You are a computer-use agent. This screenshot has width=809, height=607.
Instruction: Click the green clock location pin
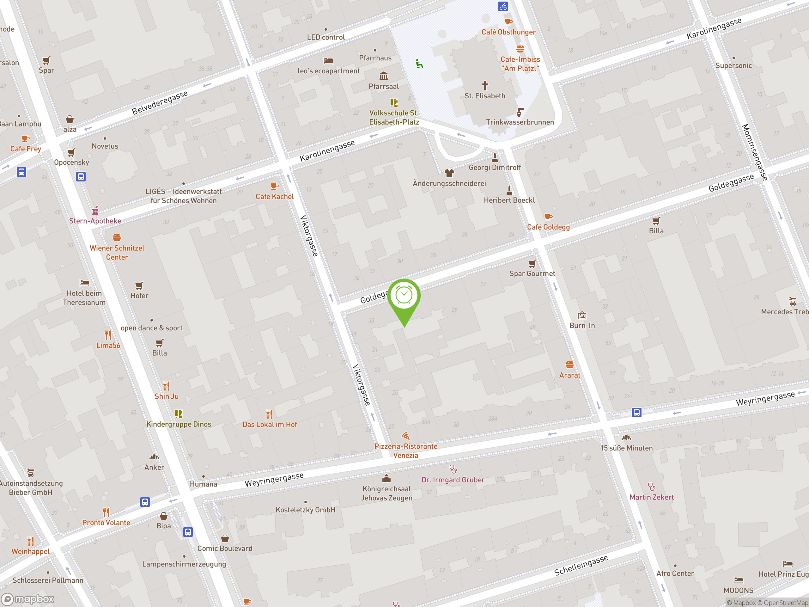[404, 296]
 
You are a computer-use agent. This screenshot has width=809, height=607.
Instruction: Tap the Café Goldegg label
[548, 227]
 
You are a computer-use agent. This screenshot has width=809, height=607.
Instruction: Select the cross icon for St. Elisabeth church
[485, 86]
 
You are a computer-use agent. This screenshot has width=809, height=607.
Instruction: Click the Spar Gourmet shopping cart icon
[532, 263]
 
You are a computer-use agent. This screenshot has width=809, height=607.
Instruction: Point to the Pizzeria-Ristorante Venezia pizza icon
[405, 436]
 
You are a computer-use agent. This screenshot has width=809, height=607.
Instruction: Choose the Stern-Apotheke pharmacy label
[95, 221]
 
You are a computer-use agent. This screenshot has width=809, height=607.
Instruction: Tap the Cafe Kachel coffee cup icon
[274, 186]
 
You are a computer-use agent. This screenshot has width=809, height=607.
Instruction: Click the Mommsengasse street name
[754, 152]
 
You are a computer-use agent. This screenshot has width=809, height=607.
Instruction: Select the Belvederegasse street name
[160, 102]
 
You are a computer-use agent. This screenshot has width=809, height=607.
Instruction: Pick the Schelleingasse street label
[581, 565]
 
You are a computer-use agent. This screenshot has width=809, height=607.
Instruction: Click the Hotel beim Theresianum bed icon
[84, 283]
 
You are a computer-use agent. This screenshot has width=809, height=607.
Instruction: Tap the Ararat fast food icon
[569, 365]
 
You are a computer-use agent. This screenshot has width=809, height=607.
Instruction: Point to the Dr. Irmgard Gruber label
[453, 480]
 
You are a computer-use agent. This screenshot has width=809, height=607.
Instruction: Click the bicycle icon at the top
[503, 6]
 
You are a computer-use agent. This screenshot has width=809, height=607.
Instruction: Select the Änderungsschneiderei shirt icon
[449, 173]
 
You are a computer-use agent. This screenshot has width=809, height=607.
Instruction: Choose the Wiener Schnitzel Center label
[117, 253]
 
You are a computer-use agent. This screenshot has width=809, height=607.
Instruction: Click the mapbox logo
[28, 599]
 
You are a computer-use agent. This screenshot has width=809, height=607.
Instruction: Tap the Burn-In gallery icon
[582, 316]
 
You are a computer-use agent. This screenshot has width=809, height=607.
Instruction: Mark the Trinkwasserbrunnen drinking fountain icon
[520, 112]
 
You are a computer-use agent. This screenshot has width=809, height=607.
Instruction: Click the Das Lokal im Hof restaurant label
[270, 424]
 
